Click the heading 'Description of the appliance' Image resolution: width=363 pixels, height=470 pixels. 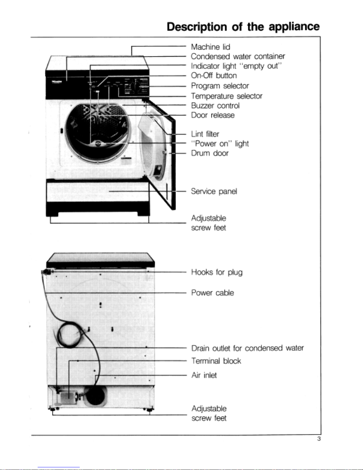click(243, 27)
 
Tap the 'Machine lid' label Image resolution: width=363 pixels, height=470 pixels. click(210, 47)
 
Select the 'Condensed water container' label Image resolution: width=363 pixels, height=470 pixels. click(238, 56)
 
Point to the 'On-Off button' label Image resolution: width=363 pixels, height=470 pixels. click(214, 76)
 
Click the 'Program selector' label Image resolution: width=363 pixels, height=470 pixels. click(220, 86)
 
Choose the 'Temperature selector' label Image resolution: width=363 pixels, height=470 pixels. click(226, 96)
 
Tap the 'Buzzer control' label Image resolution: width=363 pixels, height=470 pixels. click(215, 106)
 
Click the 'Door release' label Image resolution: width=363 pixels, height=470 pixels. click(212, 115)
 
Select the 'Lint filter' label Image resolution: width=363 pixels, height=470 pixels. click(205, 134)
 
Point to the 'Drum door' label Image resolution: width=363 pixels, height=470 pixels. click(210, 153)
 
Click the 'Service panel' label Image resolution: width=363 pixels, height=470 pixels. click(214, 191)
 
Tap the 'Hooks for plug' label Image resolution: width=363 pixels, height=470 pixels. click(217, 272)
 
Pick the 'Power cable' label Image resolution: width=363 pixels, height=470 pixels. click(212, 293)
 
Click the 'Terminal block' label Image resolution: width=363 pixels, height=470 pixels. click(216, 361)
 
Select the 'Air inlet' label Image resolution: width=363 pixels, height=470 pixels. click(204, 375)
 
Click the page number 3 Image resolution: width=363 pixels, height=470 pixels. click(319, 439)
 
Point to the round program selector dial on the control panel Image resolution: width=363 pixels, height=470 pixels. click(137, 87)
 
